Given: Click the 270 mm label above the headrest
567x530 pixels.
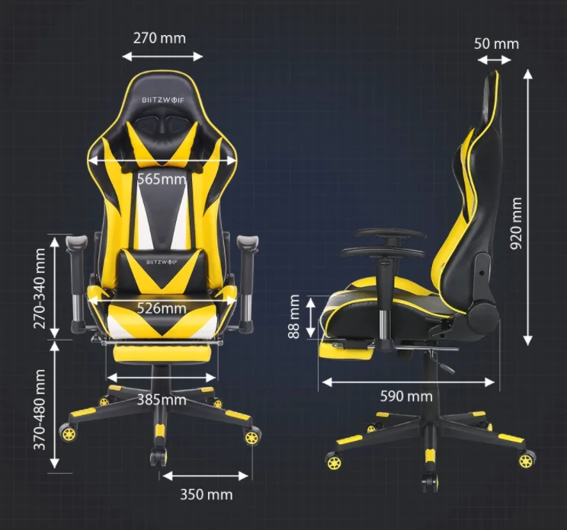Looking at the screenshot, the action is click(159, 38).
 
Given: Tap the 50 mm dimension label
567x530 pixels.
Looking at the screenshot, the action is click(496, 43).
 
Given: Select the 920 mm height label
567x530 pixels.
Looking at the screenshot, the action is click(516, 223).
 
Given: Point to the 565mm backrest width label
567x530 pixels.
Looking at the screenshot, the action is click(162, 179).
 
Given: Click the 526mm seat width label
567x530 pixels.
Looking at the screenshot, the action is click(162, 308).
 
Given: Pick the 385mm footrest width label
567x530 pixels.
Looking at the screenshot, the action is click(162, 400).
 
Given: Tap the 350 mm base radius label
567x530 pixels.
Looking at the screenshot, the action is click(207, 495).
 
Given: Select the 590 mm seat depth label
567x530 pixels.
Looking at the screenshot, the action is click(406, 396).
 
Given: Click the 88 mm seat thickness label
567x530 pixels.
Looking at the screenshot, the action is click(294, 317).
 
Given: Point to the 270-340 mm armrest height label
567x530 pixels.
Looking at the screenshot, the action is click(40, 289).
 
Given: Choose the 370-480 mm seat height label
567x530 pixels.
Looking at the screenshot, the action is click(40, 410).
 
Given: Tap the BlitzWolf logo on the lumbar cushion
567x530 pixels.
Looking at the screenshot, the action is click(162, 262).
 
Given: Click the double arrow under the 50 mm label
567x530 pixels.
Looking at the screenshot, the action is click(495, 60).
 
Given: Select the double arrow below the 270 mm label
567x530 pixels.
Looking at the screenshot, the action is click(163, 56).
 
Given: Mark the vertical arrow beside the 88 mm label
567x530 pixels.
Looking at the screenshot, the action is click(311, 318).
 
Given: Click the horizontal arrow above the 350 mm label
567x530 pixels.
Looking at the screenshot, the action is click(206, 476).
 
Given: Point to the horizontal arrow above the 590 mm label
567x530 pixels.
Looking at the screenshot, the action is click(408, 382).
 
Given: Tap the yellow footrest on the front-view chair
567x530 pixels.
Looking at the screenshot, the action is click(162, 353).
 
